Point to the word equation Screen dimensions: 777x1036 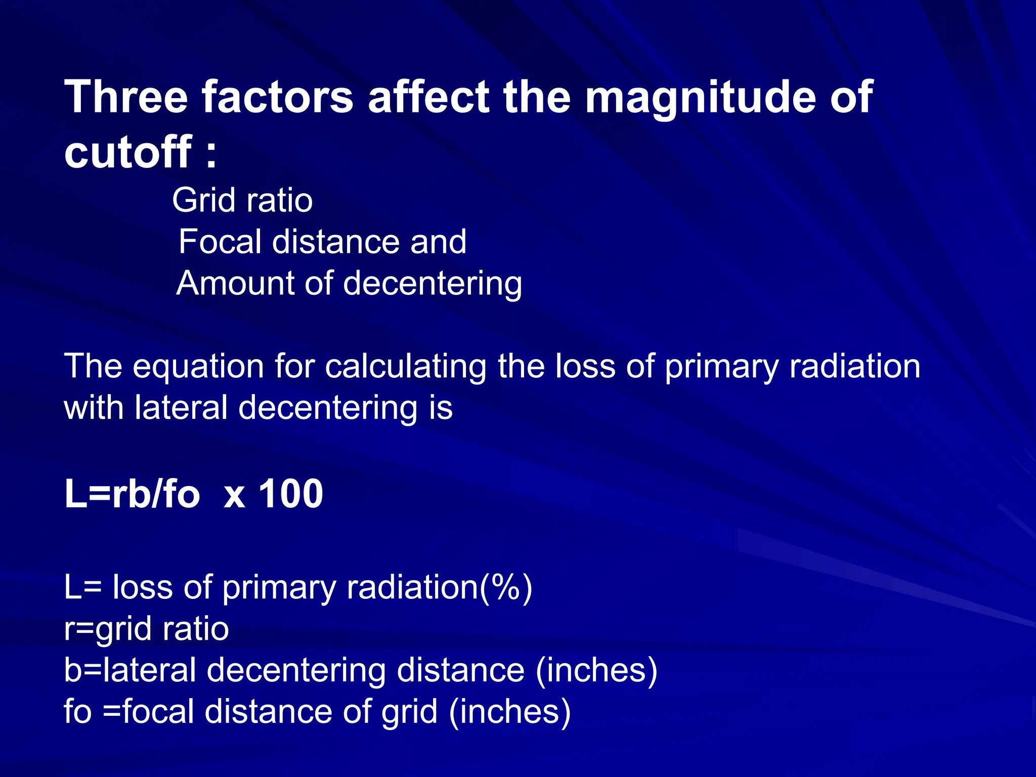coord(198,367)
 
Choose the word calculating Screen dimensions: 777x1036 coord(406,367)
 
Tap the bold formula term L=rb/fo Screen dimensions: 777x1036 coord(132,494)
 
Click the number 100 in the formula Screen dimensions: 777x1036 coord(291,494)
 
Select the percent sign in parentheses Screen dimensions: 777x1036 coord(506,587)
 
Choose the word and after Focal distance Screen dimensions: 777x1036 coord(438,241)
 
